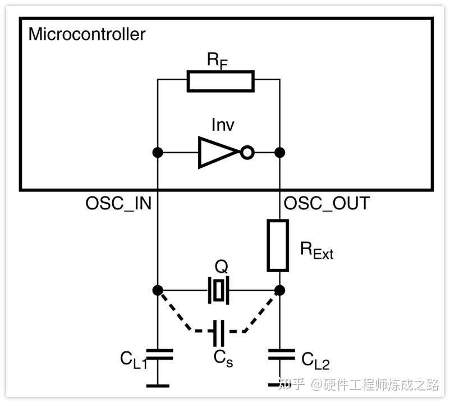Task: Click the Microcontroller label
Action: tap(87, 34)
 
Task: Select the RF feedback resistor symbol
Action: tap(221, 81)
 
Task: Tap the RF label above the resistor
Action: tap(217, 61)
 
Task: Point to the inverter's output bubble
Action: tap(247, 153)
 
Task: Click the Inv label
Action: tap(223, 125)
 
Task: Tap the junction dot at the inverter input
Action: tap(158, 153)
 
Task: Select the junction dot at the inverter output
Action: tap(279, 153)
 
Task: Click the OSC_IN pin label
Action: tap(118, 204)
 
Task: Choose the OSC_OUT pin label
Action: tap(327, 204)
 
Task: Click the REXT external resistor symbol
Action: tap(278, 245)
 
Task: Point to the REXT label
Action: tap(316, 250)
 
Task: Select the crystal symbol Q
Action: tap(218, 290)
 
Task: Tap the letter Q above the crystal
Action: tap(221, 267)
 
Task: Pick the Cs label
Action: tap(223, 359)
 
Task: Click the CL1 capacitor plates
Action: tap(159, 355)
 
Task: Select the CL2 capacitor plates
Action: tap(281, 355)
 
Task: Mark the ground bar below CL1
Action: tap(158, 386)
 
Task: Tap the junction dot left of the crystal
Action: tap(158, 290)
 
